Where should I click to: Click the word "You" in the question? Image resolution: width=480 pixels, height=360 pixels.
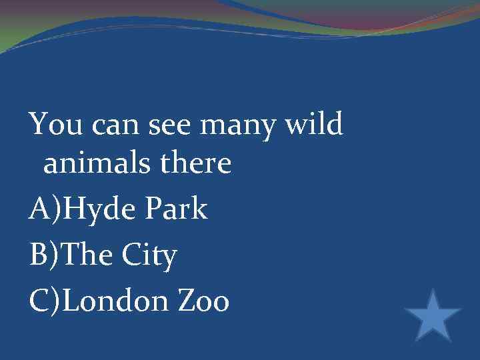[x=55, y=124]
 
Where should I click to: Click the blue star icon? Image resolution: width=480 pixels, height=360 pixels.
[x=433, y=315]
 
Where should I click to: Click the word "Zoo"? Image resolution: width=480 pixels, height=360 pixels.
[x=203, y=301]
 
